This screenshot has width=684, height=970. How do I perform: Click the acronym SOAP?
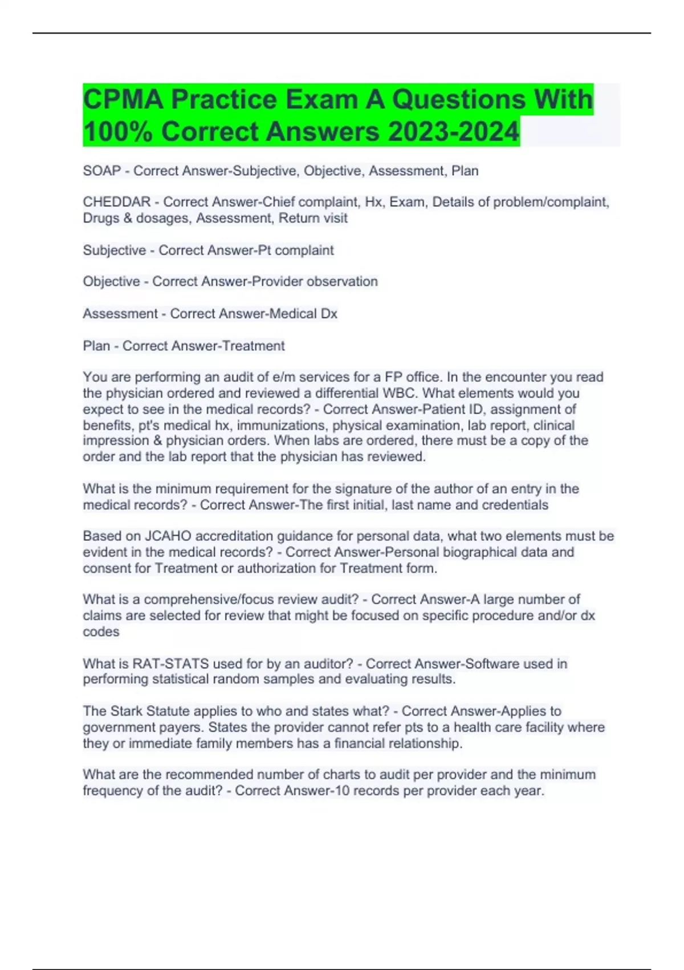coord(101,171)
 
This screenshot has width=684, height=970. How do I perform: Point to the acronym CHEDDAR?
coord(116,202)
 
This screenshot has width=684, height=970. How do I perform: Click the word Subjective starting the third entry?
coord(114,250)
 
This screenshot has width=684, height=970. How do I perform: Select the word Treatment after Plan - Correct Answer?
coord(254,346)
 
